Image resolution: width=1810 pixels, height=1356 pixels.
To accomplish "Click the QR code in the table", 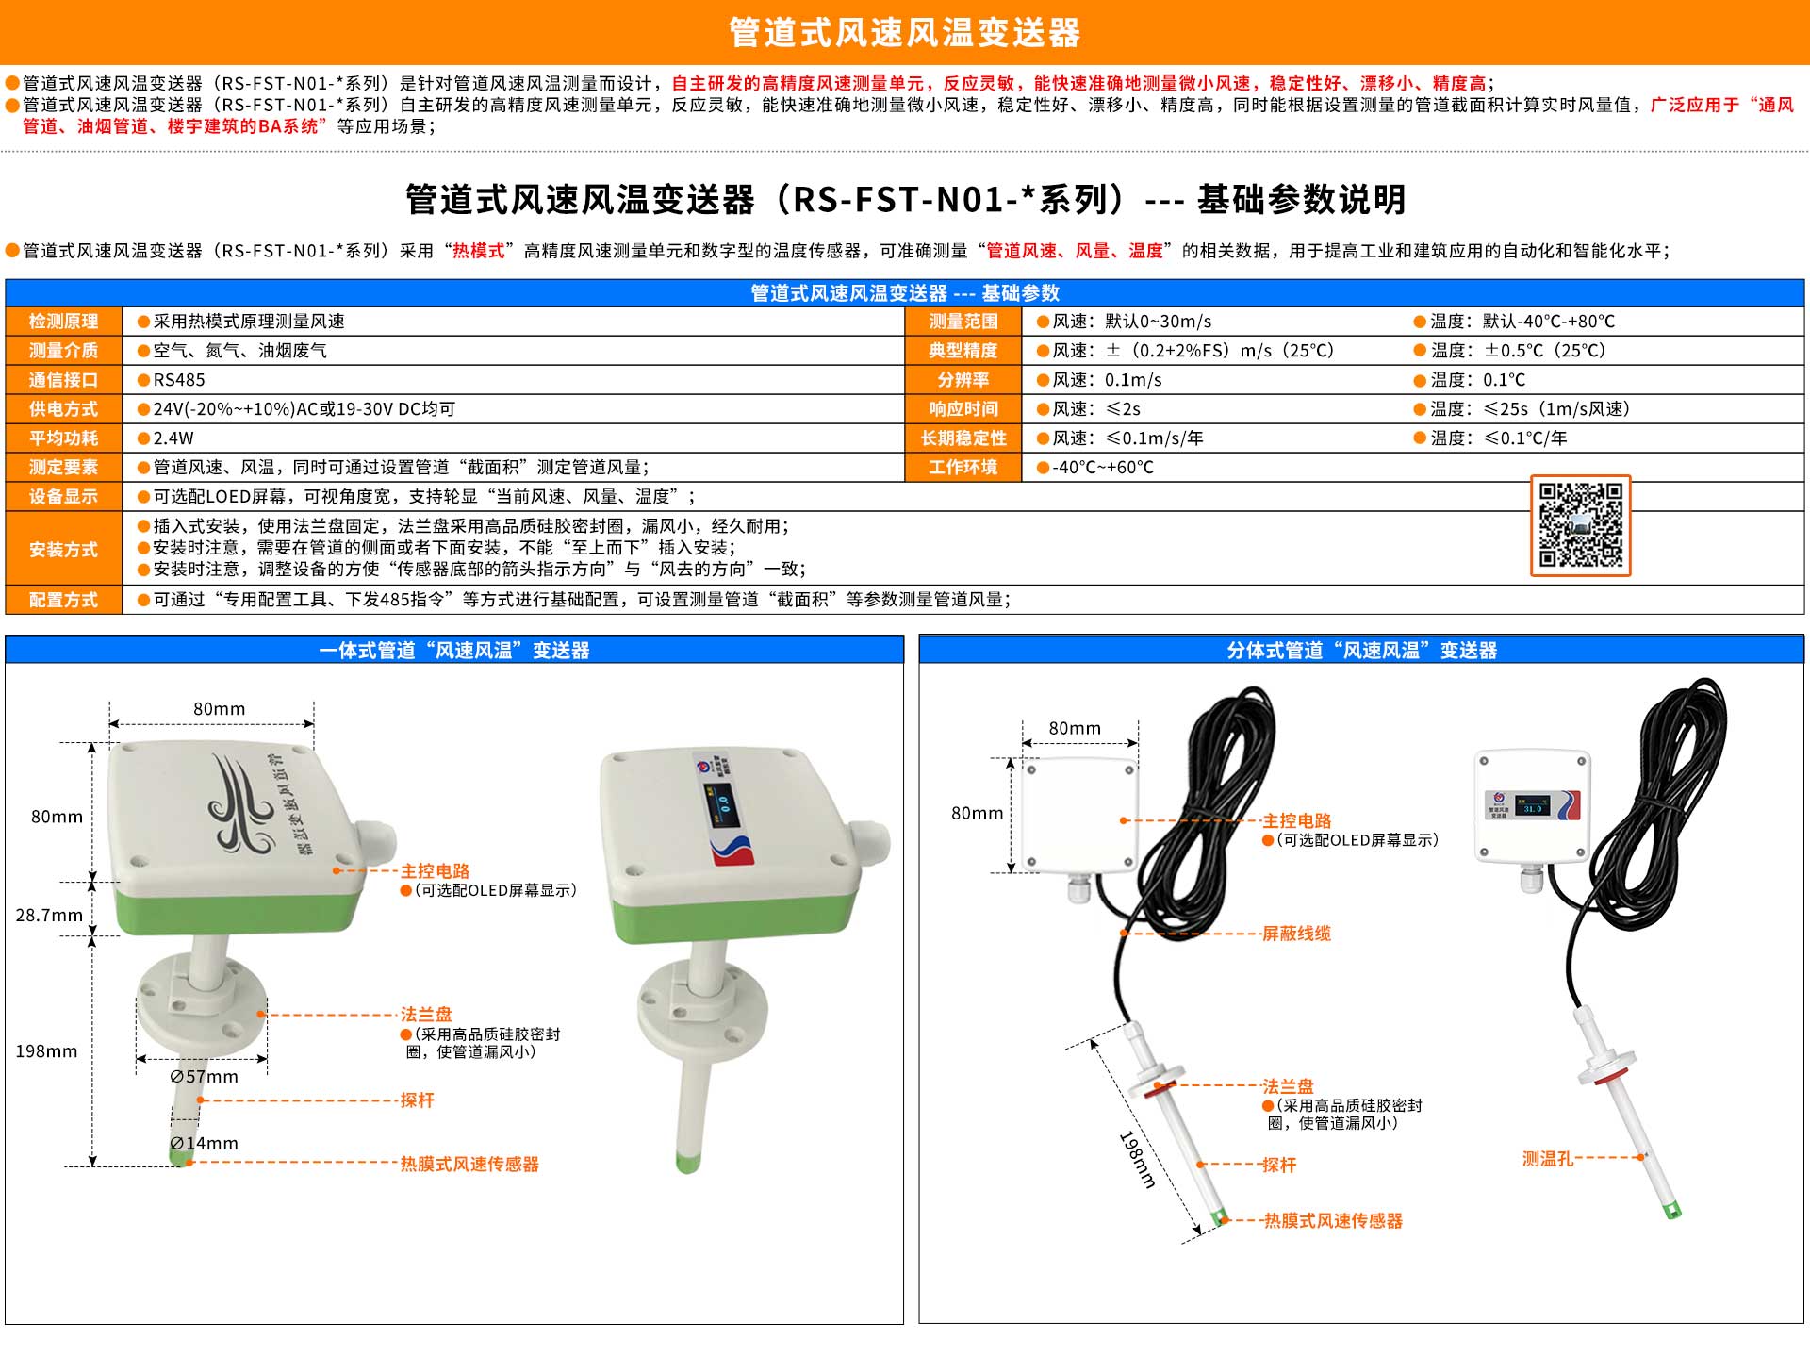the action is [1580, 525].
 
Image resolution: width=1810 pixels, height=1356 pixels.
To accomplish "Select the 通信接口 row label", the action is [63, 380].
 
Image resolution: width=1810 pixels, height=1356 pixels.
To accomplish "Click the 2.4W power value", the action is [173, 438].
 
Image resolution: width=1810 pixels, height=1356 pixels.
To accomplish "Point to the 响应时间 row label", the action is [963, 409].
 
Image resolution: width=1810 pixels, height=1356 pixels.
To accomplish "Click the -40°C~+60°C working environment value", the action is [1102, 468].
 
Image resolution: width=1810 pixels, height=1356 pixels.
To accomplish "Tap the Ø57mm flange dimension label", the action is [205, 1077].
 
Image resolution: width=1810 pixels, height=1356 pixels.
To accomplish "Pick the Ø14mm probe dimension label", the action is [205, 1144].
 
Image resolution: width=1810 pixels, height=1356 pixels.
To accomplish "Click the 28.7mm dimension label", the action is [49, 915].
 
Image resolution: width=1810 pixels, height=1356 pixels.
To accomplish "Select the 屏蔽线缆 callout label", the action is [1296, 934].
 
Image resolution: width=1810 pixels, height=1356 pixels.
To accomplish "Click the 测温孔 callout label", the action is [1548, 1159].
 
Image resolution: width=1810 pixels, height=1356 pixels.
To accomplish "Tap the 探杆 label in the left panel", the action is [417, 1100].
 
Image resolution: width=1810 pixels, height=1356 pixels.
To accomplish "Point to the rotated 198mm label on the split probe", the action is [1137, 1159].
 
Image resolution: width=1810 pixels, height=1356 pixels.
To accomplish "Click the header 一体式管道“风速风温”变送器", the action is [454, 651].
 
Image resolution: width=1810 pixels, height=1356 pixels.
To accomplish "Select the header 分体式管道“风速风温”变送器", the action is [1362, 651].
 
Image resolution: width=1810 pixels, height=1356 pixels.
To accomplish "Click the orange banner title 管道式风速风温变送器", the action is [905, 33].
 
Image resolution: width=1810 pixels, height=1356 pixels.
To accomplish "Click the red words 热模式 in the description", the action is [479, 251].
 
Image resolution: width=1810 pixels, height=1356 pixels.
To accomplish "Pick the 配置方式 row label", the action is [63, 600].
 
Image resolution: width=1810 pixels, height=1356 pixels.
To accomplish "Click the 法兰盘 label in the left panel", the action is [426, 1015].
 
